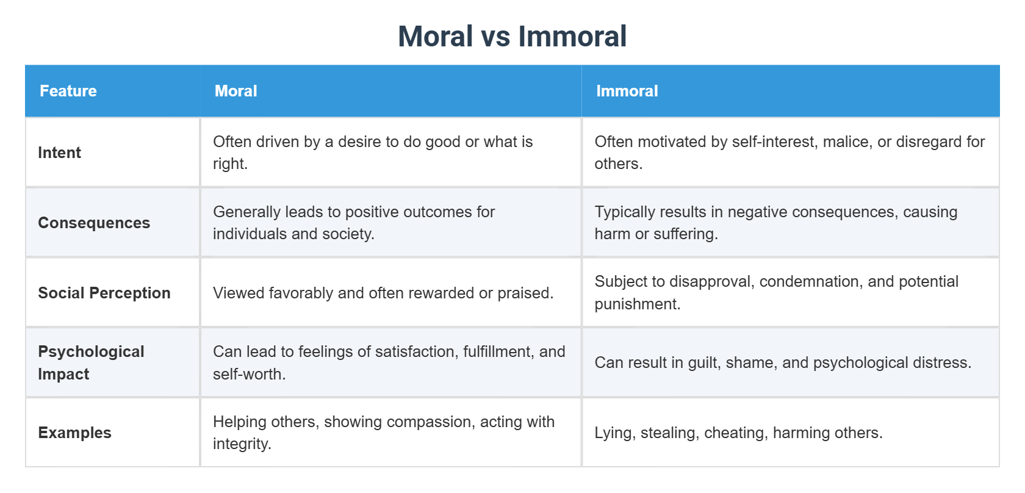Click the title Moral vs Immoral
pyautogui.click(x=512, y=37)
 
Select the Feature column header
pyautogui.click(x=68, y=91)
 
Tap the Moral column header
pyautogui.click(x=236, y=91)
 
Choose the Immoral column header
pyautogui.click(x=627, y=91)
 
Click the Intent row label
pyautogui.click(x=60, y=153)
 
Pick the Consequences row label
pyautogui.click(x=94, y=223)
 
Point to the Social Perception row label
pyautogui.click(x=104, y=293)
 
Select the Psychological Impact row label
pyautogui.click(x=91, y=362)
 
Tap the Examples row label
pyautogui.click(x=75, y=433)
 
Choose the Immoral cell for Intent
pyautogui.click(x=789, y=153)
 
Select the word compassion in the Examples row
pyautogui.click(x=397, y=422)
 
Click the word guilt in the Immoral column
pyautogui.click(x=703, y=363)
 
